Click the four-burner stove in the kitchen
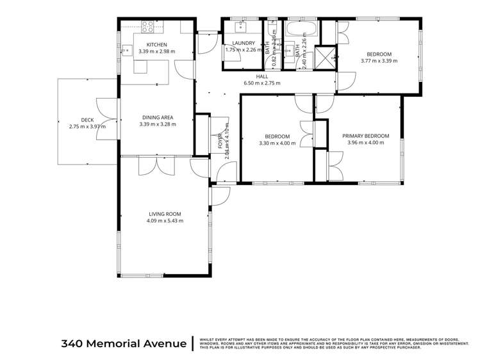[x=148, y=27]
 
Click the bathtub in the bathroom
[x=300, y=29]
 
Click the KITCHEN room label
[x=156, y=44]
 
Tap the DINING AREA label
[x=158, y=117]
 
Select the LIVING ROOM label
[x=164, y=214]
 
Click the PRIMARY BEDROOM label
[x=365, y=136]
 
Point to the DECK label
[x=88, y=120]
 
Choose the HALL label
[x=261, y=76]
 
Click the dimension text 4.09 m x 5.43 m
[x=165, y=221]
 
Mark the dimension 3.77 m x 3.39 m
[x=379, y=61]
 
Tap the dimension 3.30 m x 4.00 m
[x=277, y=143]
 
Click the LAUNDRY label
[x=244, y=43]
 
